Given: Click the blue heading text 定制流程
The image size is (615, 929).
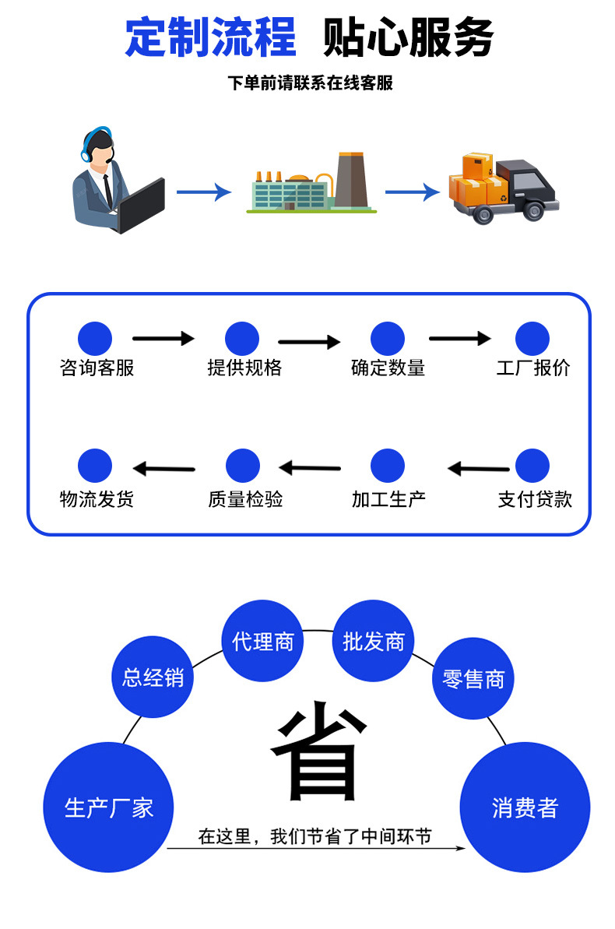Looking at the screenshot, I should coord(211,37).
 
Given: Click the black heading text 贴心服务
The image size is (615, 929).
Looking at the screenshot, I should coord(408,37).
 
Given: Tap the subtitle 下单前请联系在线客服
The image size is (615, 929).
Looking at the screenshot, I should coord(310,83).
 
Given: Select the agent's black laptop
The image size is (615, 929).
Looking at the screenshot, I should coord(141,205).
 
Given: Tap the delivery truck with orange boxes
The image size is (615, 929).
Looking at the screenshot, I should coord(504,189).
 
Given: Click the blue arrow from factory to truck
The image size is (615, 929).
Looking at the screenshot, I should coord(413,192).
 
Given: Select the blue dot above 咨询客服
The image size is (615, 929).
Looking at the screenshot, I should coord(95,339).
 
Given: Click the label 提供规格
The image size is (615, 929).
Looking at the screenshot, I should coord(244,368).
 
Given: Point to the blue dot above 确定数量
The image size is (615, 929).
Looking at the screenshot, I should coord(387,339).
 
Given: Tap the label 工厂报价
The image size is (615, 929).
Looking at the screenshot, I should coord(533,368).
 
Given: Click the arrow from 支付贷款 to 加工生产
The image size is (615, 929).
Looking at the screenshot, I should coord(478,469).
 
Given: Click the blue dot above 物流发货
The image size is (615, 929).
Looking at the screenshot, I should coord(95,466).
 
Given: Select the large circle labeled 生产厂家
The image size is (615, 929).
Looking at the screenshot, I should coord(108,807).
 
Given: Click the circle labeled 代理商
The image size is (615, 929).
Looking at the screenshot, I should coord(262,641).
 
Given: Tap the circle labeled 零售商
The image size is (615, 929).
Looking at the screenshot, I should coord(473,679).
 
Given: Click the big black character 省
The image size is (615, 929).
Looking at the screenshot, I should coord(320,752).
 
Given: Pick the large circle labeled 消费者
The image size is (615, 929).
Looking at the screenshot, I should coord(525,807).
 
